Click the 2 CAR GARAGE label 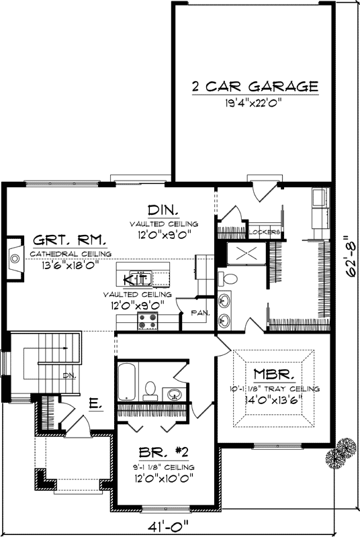pos(254,87)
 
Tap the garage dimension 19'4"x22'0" pos(254,103)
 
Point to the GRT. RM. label pos(60,240)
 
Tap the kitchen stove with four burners pos(147,321)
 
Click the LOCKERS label pos(263,233)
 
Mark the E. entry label pos(95,403)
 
